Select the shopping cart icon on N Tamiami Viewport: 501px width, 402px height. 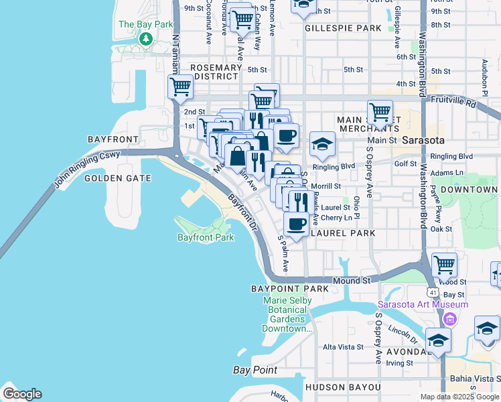181,86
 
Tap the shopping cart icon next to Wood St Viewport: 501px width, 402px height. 444,264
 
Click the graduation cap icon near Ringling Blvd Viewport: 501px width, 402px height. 322,143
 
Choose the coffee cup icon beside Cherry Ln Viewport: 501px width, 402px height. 296,223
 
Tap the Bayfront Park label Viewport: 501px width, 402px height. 206,237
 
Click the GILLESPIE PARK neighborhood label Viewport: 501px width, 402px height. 342,29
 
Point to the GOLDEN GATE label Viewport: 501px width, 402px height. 118,178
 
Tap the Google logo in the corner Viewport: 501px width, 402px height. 22,393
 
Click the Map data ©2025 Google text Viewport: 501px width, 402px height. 459,397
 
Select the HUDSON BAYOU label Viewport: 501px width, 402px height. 342,387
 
